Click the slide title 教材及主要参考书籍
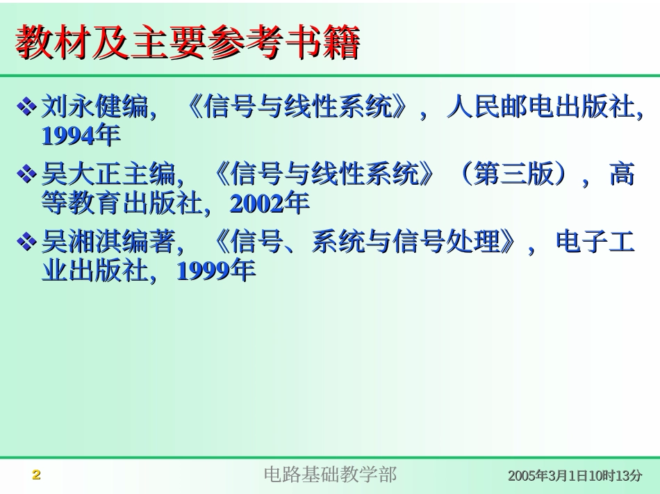tap(188, 43)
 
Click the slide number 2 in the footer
tap(37, 475)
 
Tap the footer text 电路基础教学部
tap(330, 475)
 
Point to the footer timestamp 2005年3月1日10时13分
tap(575, 476)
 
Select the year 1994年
tap(81, 136)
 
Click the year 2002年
tap(269, 204)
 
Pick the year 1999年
tap(216, 271)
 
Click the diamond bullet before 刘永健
tap(26, 107)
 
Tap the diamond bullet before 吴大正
tap(26, 174)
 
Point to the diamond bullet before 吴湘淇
tap(26, 242)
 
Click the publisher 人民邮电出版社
tap(541, 106)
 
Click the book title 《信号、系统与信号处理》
tap(366, 242)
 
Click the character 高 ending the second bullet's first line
tap(622, 174)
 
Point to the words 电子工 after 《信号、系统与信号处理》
tap(595, 242)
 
